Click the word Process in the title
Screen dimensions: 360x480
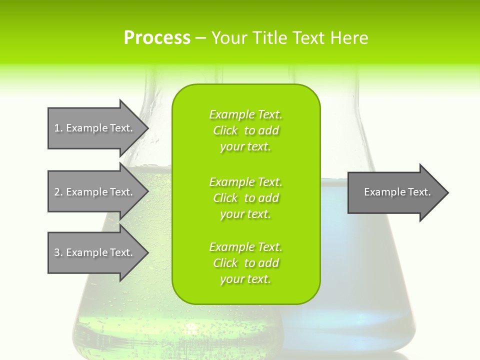point(157,37)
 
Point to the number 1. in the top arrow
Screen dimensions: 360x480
point(58,128)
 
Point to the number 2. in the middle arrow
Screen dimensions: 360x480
point(58,192)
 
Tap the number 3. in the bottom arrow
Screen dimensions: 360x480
point(58,252)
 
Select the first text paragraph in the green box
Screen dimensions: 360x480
point(246,130)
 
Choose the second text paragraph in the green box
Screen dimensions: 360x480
point(246,197)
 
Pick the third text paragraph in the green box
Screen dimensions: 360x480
point(246,263)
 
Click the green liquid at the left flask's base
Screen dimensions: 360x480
point(125,320)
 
